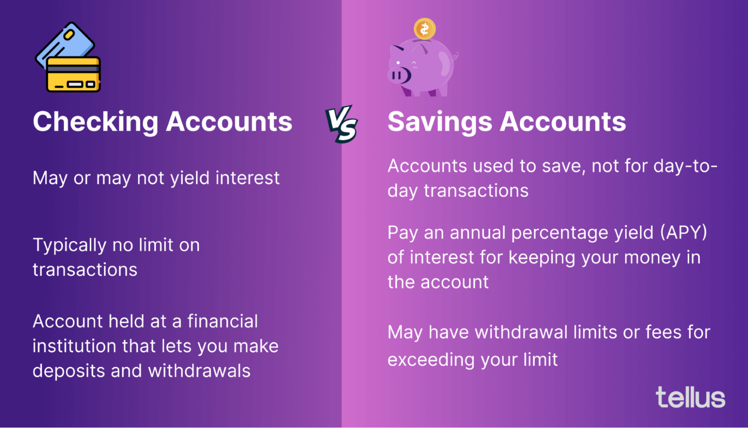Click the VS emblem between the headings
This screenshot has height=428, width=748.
coord(342,124)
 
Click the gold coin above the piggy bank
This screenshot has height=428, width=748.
coord(424,29)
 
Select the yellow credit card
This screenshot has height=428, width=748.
coord(74,74)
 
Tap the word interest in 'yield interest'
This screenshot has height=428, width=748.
coord(247,178)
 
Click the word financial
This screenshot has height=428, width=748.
coord(223,321)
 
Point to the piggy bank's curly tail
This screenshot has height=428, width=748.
coord(456,56)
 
